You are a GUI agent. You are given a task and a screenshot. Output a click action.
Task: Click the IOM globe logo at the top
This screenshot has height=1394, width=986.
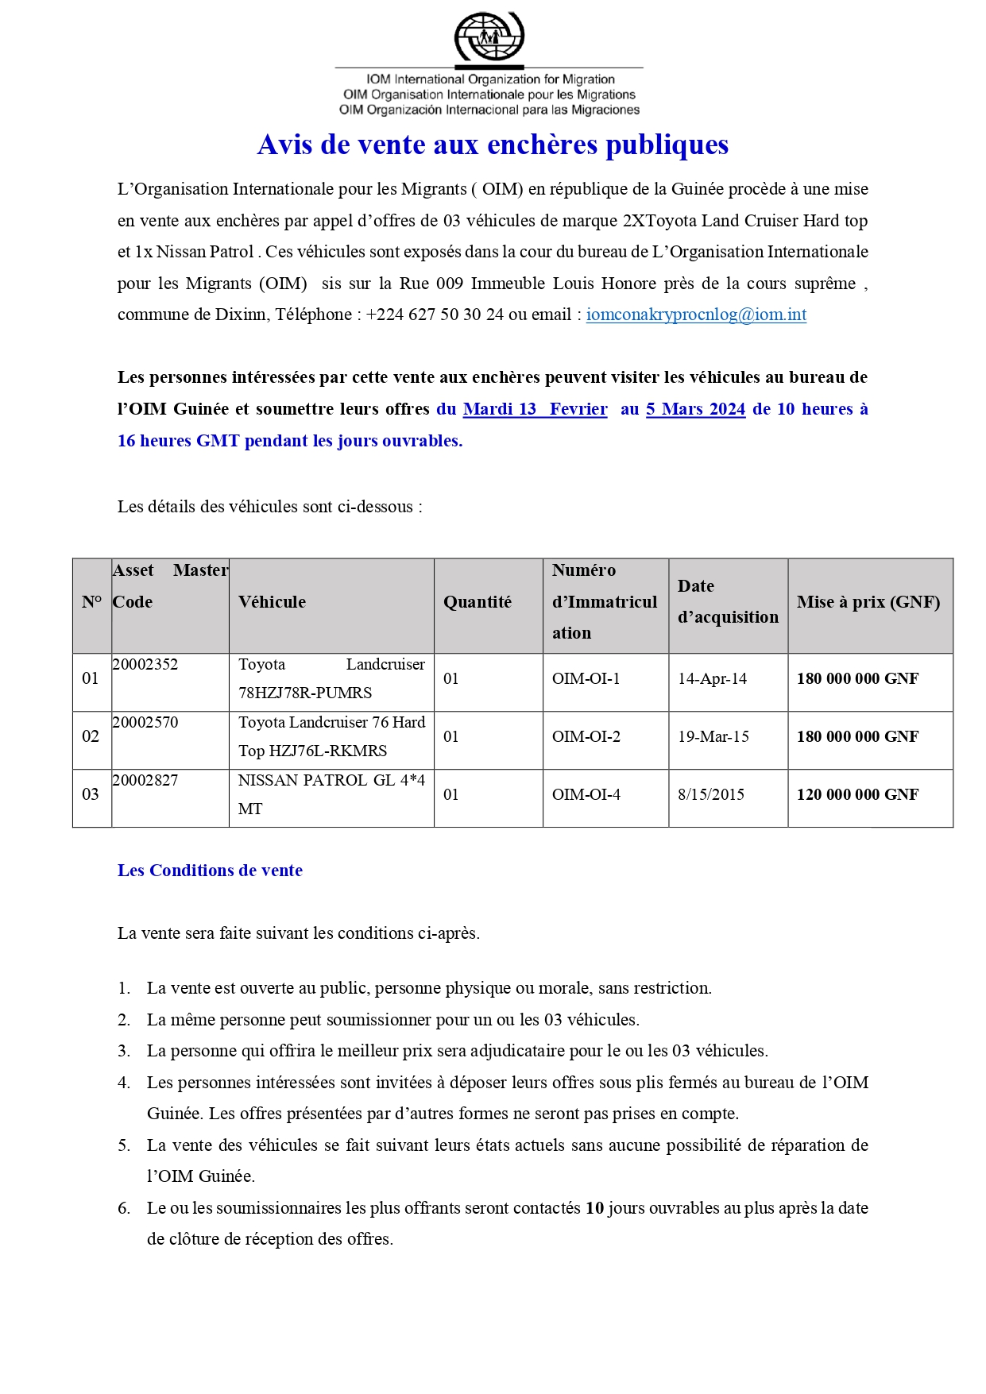coord(489,37)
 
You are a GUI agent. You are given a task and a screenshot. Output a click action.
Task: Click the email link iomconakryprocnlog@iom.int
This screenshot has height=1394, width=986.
coord(696,315)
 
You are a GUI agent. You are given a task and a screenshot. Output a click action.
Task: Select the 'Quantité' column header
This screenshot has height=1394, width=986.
coord(478,602)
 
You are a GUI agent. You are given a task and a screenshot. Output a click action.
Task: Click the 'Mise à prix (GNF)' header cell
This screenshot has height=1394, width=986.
coord(868,602)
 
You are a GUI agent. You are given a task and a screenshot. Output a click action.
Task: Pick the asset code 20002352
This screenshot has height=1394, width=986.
coord(145,665)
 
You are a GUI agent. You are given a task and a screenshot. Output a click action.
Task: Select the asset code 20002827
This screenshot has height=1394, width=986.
coord(145,781)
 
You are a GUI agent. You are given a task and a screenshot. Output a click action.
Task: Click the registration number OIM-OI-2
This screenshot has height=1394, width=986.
coord(586,737)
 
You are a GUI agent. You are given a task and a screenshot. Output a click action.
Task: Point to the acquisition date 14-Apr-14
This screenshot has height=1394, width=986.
coord(713,679)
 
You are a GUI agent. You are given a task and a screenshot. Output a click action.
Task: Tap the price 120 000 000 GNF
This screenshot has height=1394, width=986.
coord(858,795)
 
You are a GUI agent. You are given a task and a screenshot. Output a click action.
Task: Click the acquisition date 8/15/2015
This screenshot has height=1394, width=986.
coord(711,795)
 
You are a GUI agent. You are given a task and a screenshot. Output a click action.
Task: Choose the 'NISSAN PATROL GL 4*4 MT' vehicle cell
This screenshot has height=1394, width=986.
coord(331,794)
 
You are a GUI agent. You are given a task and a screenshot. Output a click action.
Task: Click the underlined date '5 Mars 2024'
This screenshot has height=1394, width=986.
coord(695,409)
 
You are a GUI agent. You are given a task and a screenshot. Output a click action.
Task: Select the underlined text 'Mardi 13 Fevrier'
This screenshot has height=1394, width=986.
coord(535,409)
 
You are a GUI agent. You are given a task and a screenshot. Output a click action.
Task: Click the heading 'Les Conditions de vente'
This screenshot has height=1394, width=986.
coord(210,871)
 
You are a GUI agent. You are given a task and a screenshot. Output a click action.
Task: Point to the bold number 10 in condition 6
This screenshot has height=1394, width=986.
coord(595,1208)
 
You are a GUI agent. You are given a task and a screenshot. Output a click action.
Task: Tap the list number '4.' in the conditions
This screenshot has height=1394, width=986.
coord(124,1083)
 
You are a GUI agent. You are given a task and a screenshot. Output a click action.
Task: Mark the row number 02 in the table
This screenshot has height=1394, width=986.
coord(91,737)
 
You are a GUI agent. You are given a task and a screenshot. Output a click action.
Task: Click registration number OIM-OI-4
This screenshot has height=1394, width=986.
coord(586,795)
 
